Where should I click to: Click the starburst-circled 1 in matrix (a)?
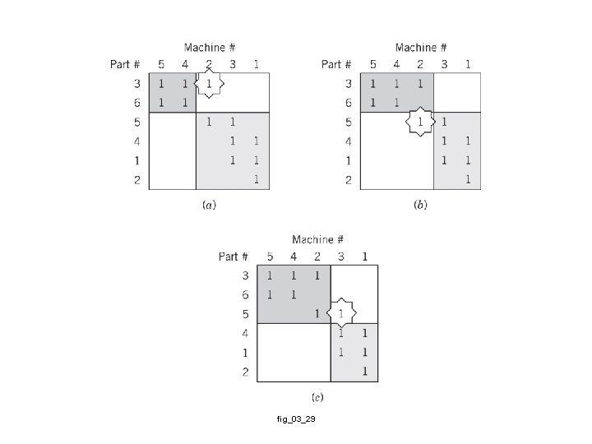pos(210,84)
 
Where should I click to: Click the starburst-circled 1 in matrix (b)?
pos(421,123)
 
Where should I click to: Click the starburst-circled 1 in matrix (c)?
pos(341,314)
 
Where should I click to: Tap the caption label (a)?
pos(209,206)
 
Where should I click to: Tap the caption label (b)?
pos(421,206)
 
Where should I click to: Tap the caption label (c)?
pos(317,398)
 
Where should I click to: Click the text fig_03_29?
pos(296,419)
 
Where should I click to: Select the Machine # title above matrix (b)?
pos(421,48)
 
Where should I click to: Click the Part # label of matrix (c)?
pos(234,257)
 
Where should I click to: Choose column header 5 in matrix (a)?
pos(162,64)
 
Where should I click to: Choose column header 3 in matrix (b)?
pos(445,64)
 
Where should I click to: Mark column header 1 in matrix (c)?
pos(365,257)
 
